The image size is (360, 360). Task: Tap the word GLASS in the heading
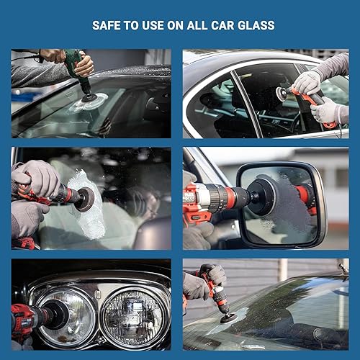256,26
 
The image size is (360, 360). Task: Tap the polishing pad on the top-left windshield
89,102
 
